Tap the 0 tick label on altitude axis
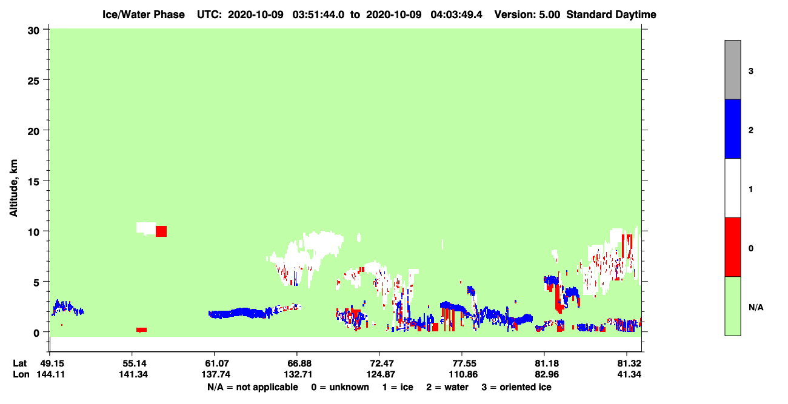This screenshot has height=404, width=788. click(x=36, y=333)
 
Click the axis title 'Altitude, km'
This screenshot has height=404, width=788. click(x=13, y=188)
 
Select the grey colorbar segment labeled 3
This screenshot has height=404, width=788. click(x=732, y=70)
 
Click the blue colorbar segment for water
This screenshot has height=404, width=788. click(x=732, y=128)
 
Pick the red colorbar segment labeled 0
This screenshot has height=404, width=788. click(x=732, y=247)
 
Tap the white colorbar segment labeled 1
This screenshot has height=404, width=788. click(x=732, y=188)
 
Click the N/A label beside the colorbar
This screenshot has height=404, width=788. click(x=756, y=308)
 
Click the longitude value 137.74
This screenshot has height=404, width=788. click(x=216, y=374)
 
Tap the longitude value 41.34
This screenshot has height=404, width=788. click(x=629, y=374)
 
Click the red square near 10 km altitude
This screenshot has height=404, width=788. click(x=161, y=231)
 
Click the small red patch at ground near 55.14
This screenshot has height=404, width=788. click(x=141, y=330)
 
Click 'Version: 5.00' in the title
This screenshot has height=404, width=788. click(x=527, y=15)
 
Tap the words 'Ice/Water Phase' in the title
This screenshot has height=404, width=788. click(x=144, y=15)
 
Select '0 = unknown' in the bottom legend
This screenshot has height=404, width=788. click(x=340, y=387)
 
